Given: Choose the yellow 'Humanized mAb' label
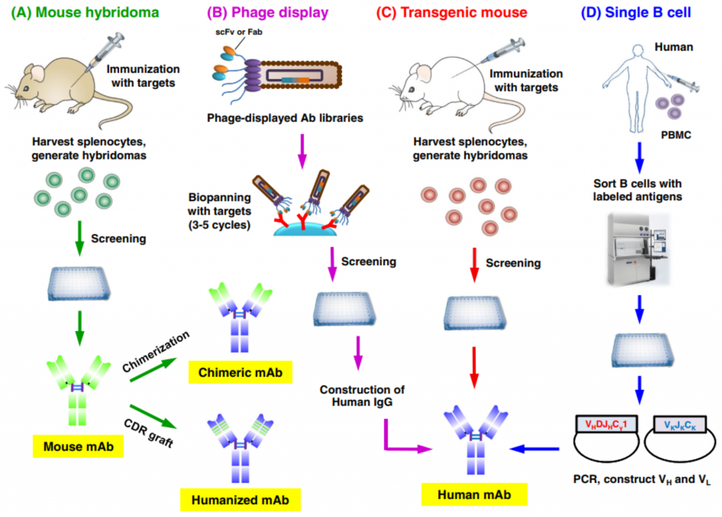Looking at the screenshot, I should pyautogui.click(x=240, y=500).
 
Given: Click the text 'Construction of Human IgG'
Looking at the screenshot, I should pyautogui.click(x=357, y=396).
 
